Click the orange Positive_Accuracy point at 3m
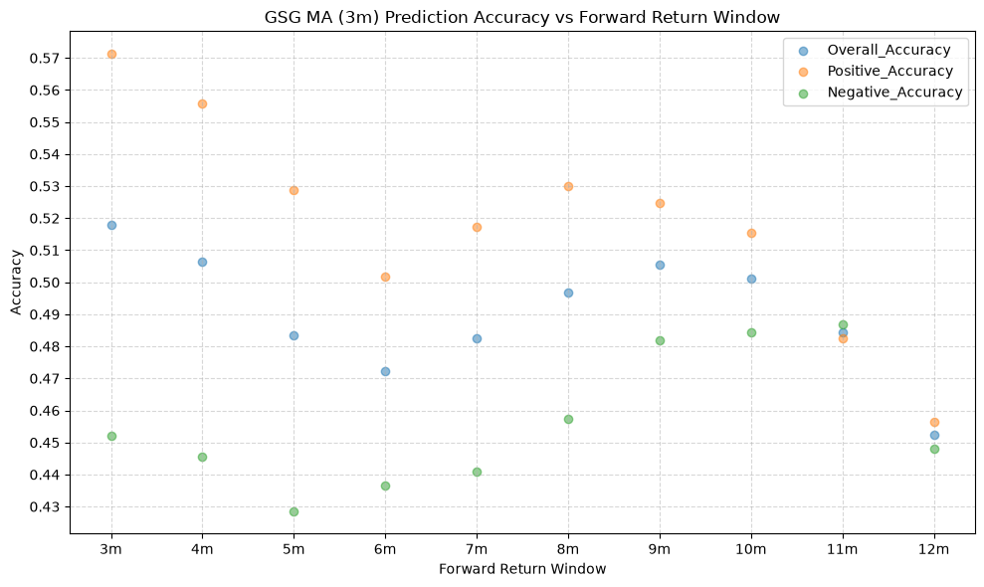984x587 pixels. coord(111,54)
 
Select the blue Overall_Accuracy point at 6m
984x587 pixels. coord(385,372)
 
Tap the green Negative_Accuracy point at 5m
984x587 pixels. coord(294,511)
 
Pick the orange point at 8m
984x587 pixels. coord(568,186)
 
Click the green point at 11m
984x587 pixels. coord(843,324)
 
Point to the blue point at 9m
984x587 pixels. coord(661,265)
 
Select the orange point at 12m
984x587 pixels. coord(934,423)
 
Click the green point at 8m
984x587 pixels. coord(568,420)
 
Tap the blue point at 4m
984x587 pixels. coord(202,262)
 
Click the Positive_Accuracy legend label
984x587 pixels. coord(889,71)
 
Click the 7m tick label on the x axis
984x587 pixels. coord(477,549)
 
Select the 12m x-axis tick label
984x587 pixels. coord(934,549)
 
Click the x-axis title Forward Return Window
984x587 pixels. coord(522,569)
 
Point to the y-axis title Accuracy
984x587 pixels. coord(16,283)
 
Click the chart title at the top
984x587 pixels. coord(522,17)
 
